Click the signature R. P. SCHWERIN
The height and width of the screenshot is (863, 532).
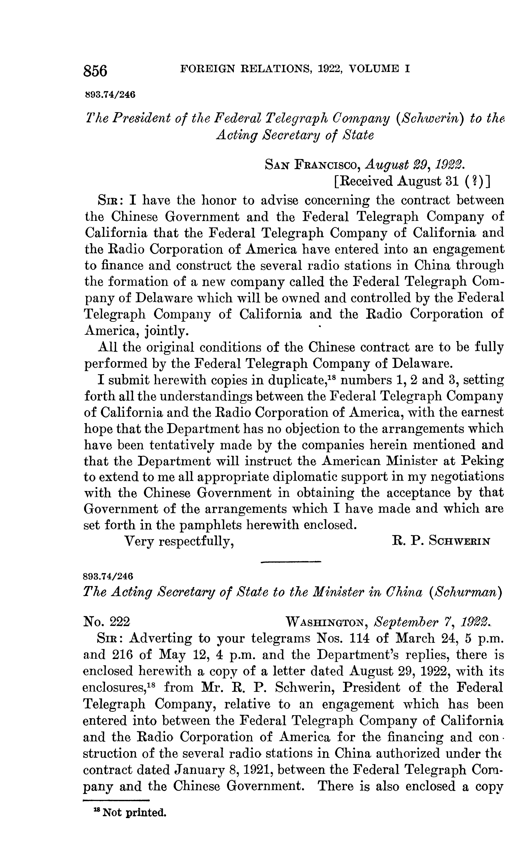[x=441, y=542]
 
